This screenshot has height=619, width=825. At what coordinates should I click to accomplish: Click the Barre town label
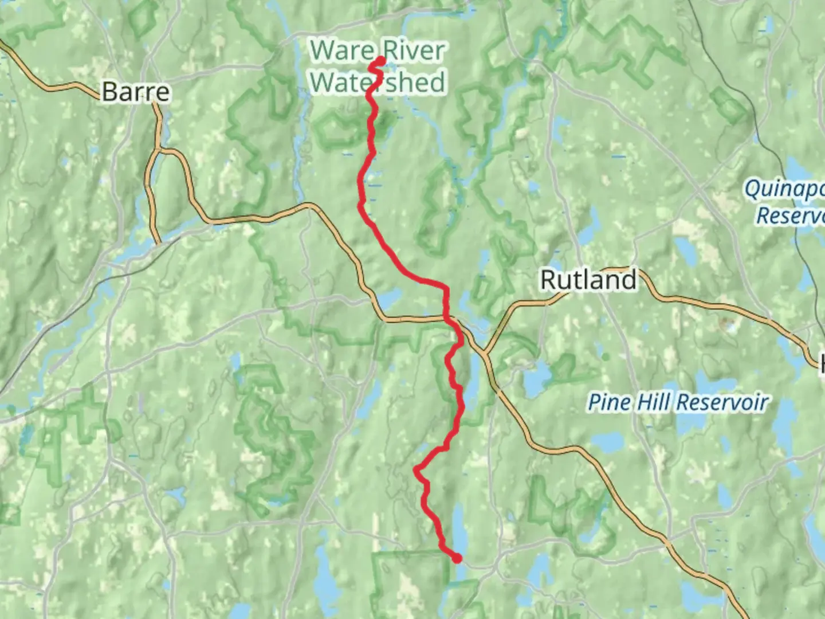(x=136, y=92)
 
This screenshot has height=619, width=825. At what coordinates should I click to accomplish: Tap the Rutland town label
(x=588, y=280)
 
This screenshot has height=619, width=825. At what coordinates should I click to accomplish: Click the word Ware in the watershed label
(x=342, y=50)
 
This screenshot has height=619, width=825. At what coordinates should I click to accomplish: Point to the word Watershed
(x=378, y=82)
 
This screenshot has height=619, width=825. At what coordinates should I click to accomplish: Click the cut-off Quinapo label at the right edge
(x=784, y=189)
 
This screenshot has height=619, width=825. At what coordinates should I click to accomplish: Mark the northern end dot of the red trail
(x=380, y=60)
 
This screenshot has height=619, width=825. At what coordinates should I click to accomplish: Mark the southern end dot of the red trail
(x=457, y=559)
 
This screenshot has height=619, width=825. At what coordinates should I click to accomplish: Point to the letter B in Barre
(x=110, y=92)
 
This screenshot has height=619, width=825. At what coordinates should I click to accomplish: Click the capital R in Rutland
(x=549, y=280)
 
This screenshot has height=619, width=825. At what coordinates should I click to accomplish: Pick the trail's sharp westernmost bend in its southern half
(x=416, y=470)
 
